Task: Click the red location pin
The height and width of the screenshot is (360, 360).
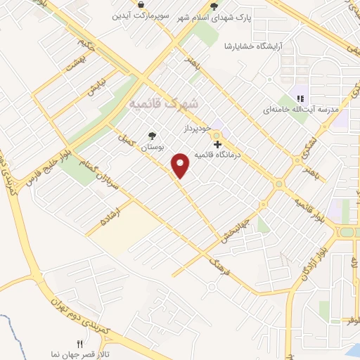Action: [181, 164]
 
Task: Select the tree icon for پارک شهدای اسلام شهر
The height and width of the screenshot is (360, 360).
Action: [213, 5]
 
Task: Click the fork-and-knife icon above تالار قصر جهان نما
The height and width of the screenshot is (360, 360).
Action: [79, 345]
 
